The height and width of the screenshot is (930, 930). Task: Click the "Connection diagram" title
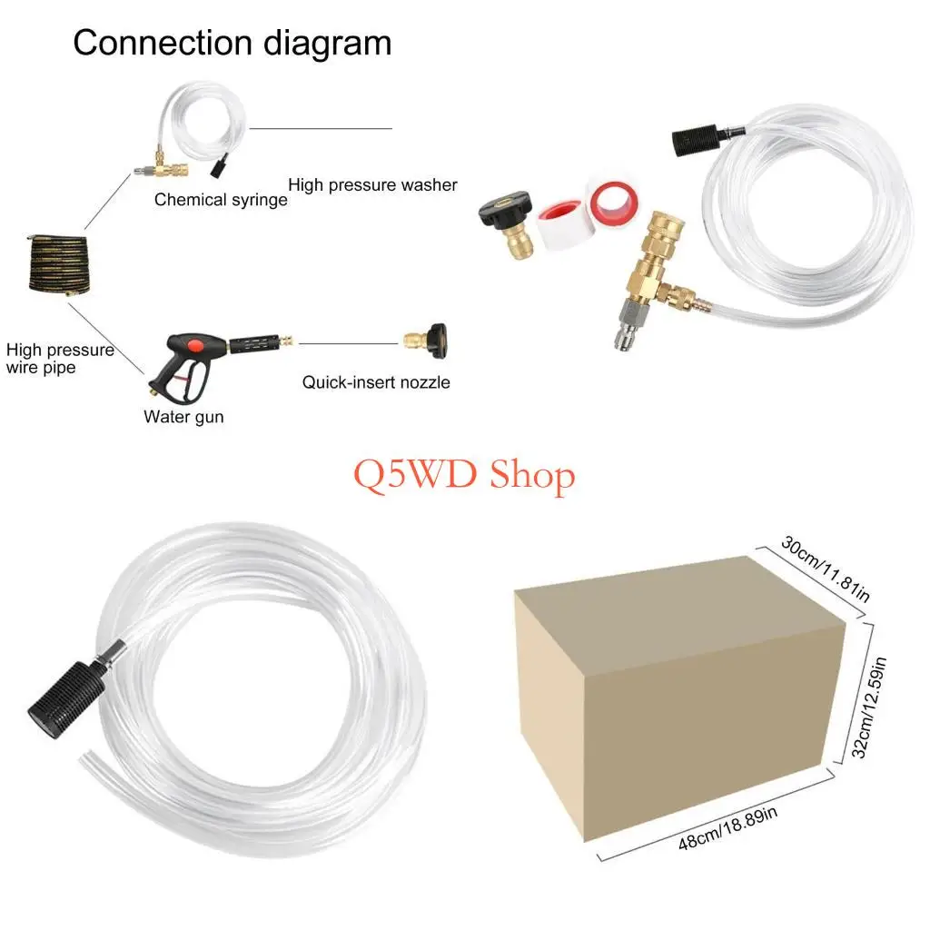232,43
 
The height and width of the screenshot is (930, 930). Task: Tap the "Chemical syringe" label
220,200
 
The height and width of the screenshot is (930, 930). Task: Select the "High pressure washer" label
372,185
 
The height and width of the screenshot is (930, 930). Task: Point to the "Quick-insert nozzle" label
376,382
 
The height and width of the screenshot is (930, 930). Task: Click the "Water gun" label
183,417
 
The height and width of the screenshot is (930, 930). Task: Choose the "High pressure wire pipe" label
60,358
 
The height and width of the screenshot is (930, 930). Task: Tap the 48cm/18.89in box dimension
728,828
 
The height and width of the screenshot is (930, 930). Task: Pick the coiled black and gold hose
60,262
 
